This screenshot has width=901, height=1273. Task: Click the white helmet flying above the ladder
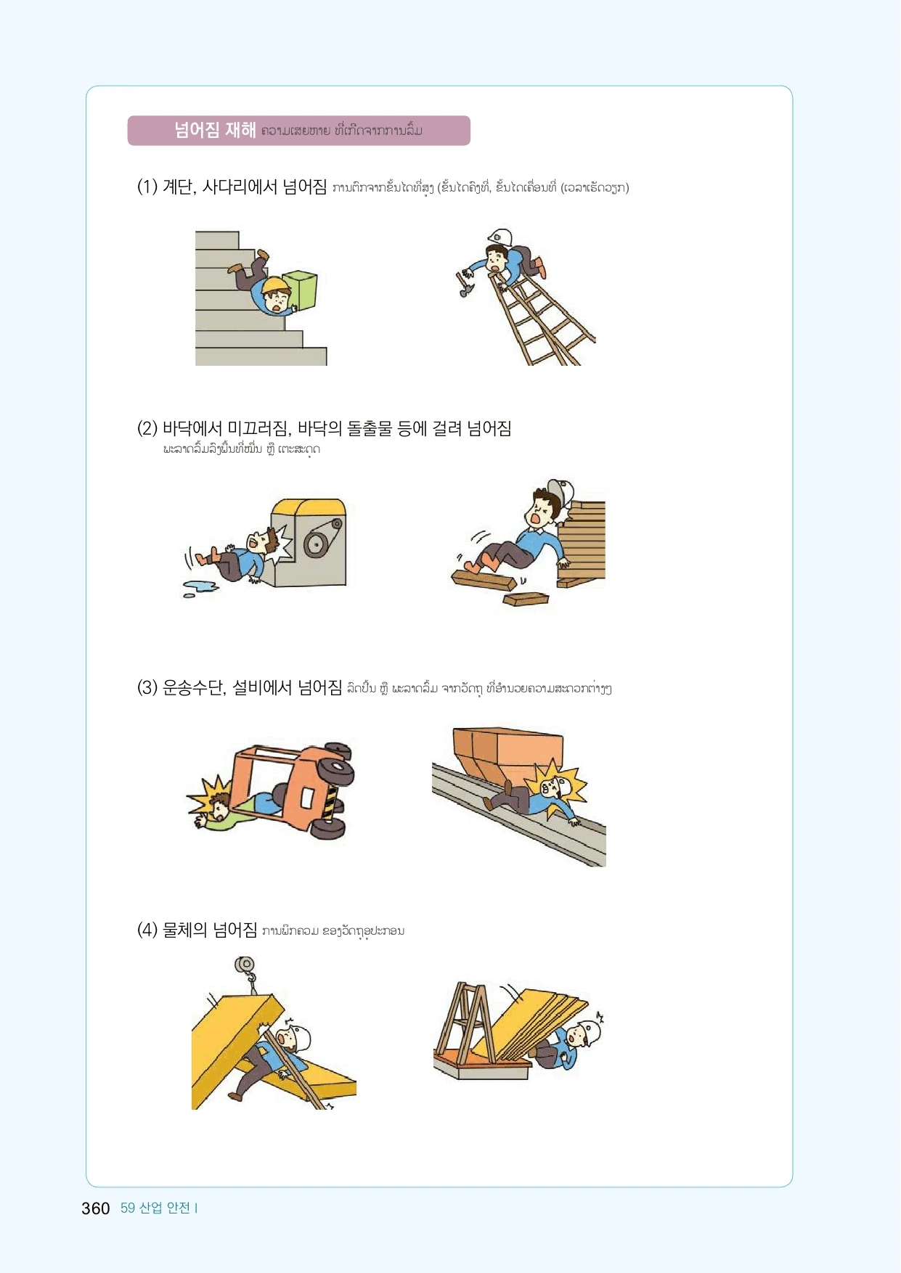pyautogui.click(x=500, y=237)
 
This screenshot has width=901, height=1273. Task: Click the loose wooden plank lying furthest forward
pyautogui.click(x=526, y=599)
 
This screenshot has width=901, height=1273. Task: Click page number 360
pyautogui.click(x=96, y=1208)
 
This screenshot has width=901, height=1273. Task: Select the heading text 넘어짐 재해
pyautogui.click(x=215, y=131)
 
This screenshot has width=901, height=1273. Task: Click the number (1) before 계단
pyautogui.click(x=147, y=187)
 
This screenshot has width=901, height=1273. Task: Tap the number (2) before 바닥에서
pyautogui.click(x=147, y=429)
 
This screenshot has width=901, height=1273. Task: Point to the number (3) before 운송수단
pyautogui.click(x=147, y=687)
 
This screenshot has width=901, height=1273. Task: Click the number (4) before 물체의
pyautogui.click(x=147, y=930)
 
